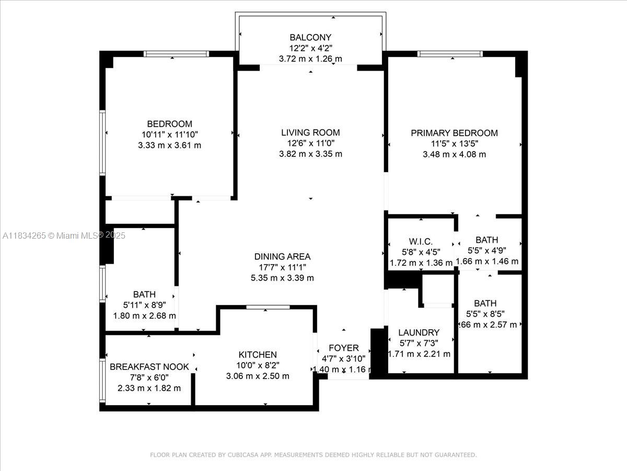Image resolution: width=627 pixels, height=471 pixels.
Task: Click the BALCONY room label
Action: coord(310,37)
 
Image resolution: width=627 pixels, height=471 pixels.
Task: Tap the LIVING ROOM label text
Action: coord(310,132)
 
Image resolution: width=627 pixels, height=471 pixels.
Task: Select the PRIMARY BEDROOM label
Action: coord(454,133)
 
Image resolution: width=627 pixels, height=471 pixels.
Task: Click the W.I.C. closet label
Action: coord(421,241)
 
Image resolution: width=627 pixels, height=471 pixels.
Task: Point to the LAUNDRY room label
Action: coord(419,332)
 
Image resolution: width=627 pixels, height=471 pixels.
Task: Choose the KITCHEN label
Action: coord(258,354)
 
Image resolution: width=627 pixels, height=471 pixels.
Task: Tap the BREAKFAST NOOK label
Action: coord(149,367)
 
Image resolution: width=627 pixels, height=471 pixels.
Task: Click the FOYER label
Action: coord(343,348)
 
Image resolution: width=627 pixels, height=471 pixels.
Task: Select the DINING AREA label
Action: coord(282,256)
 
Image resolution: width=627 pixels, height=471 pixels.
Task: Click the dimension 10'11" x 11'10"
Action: coord(169,134)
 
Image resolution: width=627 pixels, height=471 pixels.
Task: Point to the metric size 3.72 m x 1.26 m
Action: coord(310,59)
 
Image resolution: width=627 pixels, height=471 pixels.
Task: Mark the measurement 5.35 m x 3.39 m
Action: coord(282,278)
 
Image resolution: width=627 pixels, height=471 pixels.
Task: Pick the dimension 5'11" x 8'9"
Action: coord(144,305)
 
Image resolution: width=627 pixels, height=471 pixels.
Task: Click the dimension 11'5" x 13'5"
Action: coord(454,143)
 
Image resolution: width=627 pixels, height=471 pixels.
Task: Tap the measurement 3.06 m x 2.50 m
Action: coord(258,376)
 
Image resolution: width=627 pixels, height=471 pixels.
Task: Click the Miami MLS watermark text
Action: coord(64,235)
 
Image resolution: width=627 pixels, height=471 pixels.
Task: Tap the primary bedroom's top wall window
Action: coord(450,53)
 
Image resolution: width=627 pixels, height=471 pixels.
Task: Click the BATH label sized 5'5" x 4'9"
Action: coord(486,240)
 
